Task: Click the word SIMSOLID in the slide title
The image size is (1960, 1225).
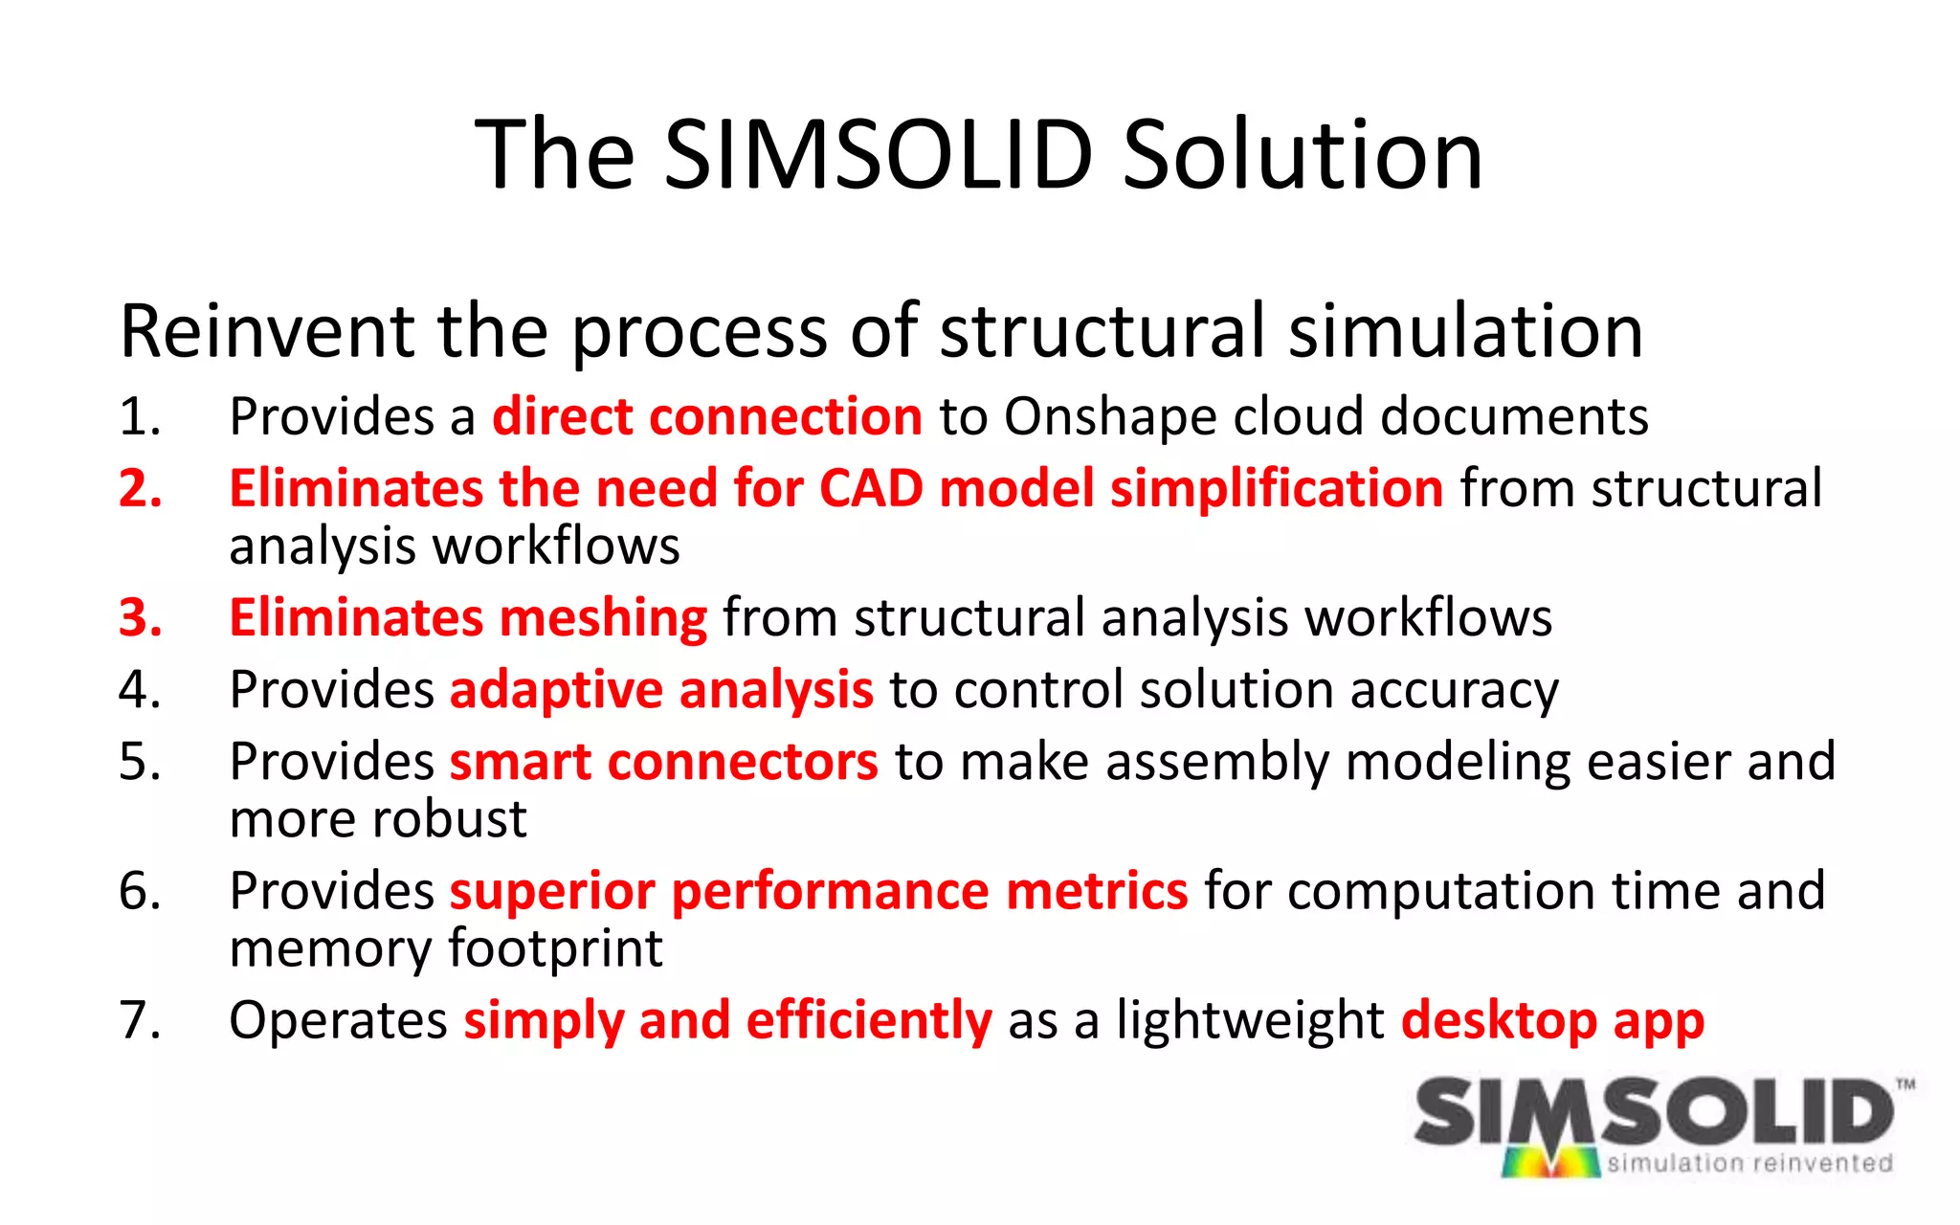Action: coord(878,154)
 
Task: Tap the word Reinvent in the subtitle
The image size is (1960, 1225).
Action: coord(267,331)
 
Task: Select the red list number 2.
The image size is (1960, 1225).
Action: coord(140,488)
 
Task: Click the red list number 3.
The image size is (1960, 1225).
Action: coord(140,617)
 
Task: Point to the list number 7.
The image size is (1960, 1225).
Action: coord(140,1020)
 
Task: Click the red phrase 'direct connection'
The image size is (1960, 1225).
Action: coord(706,417)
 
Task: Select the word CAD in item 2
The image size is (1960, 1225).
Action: coord(871,488)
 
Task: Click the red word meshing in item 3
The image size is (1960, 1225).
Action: coord(603,617)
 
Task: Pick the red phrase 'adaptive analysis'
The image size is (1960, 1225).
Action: coord(661,690)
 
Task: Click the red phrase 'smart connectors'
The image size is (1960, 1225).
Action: coord(663,762)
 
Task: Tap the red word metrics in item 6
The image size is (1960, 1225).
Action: coord(1097,891)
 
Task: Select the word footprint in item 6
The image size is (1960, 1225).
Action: coord(555,948)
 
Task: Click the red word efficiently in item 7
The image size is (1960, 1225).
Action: coord(869,1020)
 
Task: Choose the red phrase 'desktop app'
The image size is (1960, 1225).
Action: coord(1552,1020)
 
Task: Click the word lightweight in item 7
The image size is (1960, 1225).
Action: coord(1250,1020)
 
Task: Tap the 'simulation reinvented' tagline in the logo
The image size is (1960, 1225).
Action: coord(1749,1163)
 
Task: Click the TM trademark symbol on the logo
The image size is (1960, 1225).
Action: coord(1905,1084)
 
